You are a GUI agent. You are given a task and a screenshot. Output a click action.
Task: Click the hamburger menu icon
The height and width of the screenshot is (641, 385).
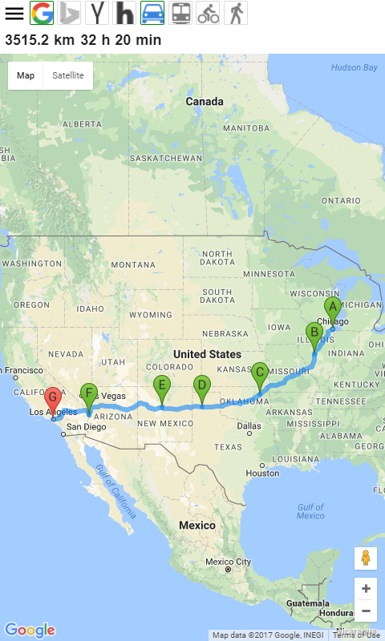tap(14, 14)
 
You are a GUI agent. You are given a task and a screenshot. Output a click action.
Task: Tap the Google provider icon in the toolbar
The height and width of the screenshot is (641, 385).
tap(42, 13)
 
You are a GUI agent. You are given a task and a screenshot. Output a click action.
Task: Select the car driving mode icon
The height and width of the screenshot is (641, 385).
tap(152, 13)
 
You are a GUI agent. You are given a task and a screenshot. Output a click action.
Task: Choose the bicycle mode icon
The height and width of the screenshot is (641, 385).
tap(208, 13)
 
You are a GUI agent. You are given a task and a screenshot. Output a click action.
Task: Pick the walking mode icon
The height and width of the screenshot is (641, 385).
tap(235, 13)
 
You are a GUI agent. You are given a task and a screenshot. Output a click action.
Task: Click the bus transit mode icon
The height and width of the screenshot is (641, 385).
tap(181, 13)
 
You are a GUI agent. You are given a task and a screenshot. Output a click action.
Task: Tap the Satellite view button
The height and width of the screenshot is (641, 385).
tap(68, 75)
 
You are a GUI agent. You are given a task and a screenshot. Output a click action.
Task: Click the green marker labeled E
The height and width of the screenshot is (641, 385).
tap(162, 386)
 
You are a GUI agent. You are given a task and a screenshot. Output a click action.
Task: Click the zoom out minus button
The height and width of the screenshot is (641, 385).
tap(366, 611)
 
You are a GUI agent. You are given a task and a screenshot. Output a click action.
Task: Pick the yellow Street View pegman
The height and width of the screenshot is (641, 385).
tap(366, 558)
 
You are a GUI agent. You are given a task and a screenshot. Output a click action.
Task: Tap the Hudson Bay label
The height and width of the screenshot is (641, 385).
tap(354, 67)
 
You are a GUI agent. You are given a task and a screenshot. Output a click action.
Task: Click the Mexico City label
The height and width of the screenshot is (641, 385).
tap(228, 562)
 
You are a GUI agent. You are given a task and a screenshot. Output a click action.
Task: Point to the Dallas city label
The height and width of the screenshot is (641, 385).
tap(249, 425)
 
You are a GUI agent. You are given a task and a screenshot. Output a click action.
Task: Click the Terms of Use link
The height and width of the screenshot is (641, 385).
tap(357, 635)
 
